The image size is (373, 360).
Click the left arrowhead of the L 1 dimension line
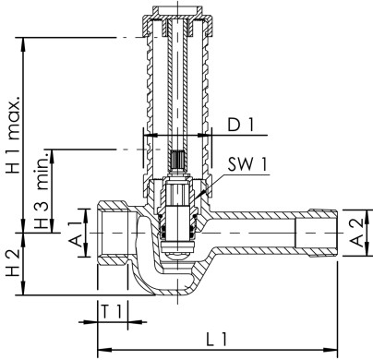pyautogui.click(x=100, y=349)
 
